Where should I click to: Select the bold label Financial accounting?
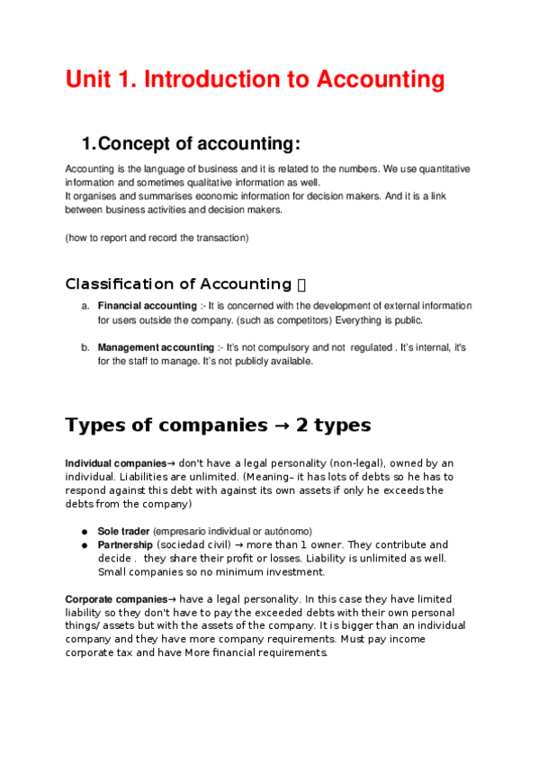pos(147,306)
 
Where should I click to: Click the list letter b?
pos(85,347)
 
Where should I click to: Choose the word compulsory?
pos(301,347)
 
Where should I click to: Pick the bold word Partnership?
pos(125,544)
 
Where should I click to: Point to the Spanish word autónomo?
pos(287,531)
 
